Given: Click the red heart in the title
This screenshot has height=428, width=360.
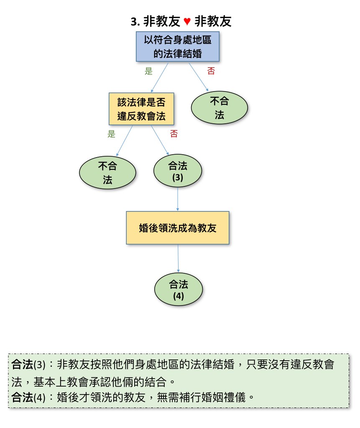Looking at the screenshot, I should pos(188,21).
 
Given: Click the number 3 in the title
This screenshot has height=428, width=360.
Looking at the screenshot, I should pos(134,22).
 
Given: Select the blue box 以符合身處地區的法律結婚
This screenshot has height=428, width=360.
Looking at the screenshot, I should pos(178,46).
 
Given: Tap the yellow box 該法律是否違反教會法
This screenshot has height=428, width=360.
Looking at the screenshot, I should pos(141,109).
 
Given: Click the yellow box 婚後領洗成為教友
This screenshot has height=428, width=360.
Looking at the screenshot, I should pos(178,228).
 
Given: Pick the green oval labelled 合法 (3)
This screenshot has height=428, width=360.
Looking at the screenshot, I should pos(178,171).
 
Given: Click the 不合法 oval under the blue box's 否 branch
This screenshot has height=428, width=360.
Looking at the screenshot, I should pos(220,108).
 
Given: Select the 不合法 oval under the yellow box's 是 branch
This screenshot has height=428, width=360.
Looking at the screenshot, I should pos(107,173).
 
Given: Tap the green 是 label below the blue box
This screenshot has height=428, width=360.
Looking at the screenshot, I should pos(148,71).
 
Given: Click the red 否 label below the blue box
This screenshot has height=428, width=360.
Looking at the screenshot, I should pos(211,71).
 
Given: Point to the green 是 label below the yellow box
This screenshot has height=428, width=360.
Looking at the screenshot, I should pos(111,134).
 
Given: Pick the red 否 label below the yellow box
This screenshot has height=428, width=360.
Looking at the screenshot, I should pos(174,134).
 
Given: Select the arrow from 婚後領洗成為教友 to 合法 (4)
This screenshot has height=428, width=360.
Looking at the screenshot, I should pos(179,259).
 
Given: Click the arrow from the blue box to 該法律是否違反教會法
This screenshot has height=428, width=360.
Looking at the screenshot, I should pos(160,77).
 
